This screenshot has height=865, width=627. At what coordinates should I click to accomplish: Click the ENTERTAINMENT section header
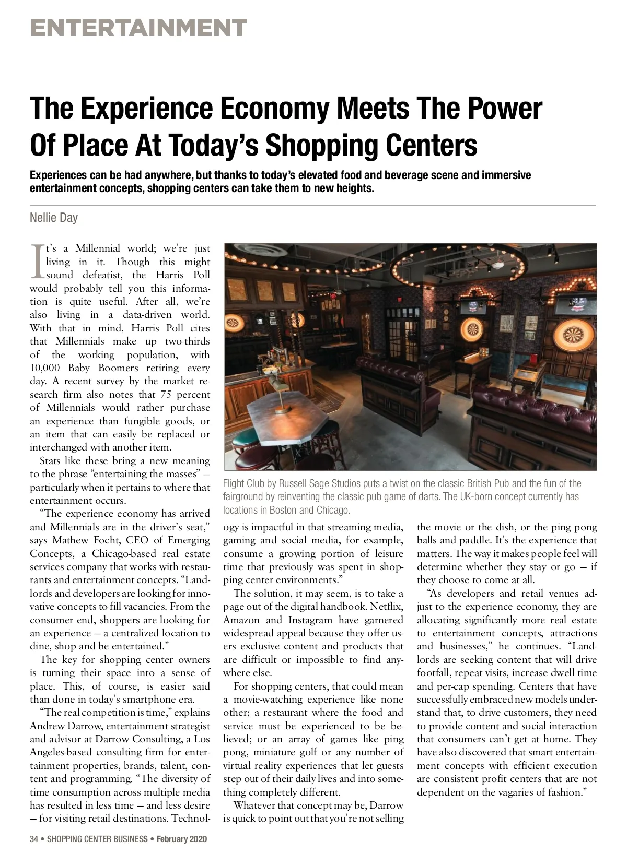(138, 28)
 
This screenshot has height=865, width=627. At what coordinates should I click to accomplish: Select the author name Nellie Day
(54, 218)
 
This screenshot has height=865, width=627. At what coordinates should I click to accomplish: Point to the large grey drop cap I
(37, 261)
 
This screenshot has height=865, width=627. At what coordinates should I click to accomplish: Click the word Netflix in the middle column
(386, 607)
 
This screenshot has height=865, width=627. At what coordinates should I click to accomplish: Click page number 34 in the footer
(34, 839)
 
